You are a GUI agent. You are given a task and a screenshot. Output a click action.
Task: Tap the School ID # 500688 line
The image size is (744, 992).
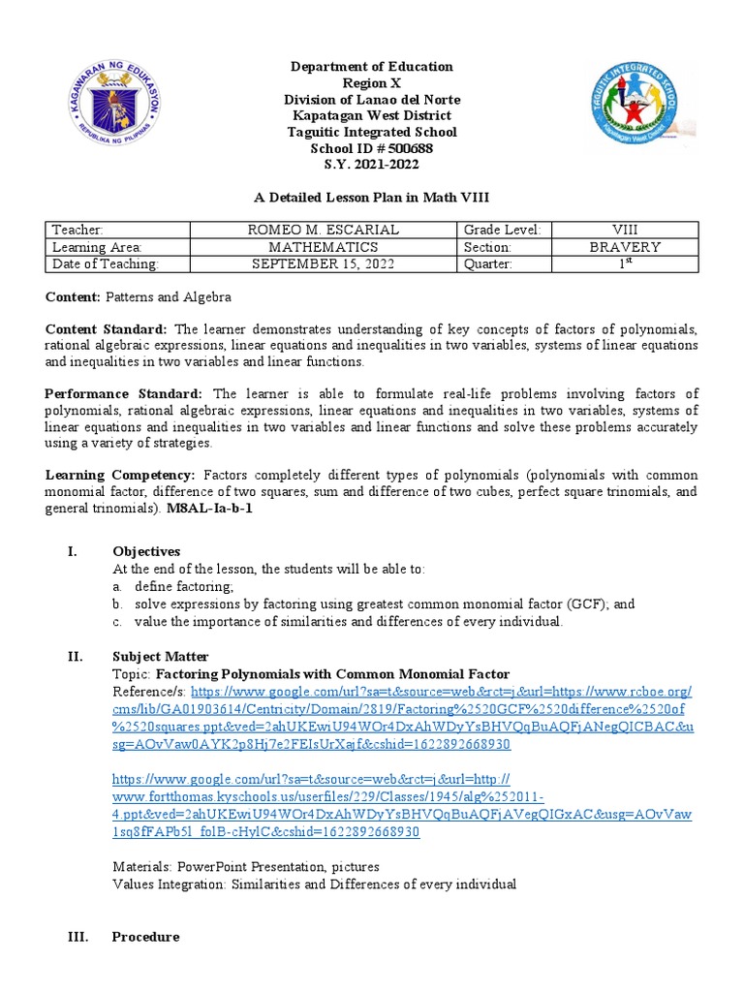click(x=372, y=148)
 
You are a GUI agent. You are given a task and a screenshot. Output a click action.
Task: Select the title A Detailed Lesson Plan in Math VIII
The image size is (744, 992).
click(x=372, y=198)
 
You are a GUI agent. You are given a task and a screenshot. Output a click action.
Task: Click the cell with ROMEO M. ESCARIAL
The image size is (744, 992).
click(x=324, y=230)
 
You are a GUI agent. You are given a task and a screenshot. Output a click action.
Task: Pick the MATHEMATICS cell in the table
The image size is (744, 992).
click(x=324, y=247)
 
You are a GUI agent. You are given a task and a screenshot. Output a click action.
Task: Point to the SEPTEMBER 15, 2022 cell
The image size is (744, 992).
click(x=324, y=264)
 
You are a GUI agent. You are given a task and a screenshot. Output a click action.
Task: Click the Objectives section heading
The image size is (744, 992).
click(x=146, y=551)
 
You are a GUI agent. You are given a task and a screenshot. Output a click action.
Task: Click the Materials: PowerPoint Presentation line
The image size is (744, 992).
click(x=246, y=866)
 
